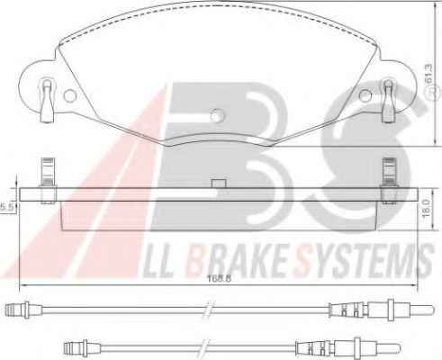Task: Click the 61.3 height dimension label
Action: click(428, 74)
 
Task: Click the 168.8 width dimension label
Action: click(220, 278)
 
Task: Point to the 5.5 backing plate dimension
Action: click(6, 207)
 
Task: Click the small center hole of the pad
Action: click(217, 115)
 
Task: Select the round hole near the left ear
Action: click(70, 95)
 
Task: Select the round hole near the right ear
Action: click(365, 95)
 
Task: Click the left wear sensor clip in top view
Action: click(47, 101)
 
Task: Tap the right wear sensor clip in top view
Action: click(388, 101)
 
